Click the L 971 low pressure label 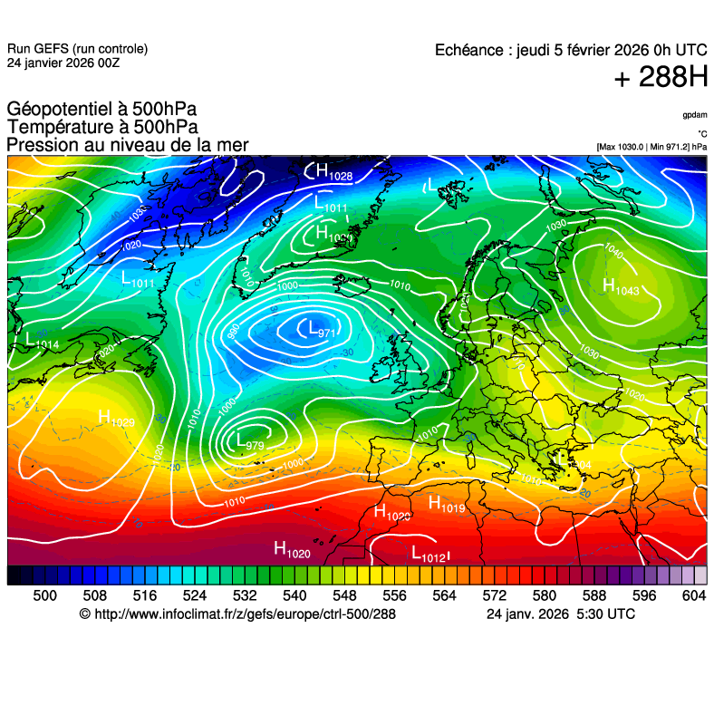pyautogui.click(x=318, y=330)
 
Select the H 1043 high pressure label pyautogui.click(x=621, y=288)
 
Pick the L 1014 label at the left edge pyautogui.click(x=42, y=342)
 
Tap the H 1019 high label pyautogui.click(x=446, y=505)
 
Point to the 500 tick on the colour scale pyautogui.click(x=44, y=594)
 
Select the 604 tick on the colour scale pyautogui.click(x=694, y=594)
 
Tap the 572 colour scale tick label pyautogui.click(x=494, y=594)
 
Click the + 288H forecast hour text pyautogui.click(x=661, y=79)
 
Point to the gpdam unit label pyautogui.click(x=695, y=116)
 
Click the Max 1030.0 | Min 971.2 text pyautogui.click(x=651, y=146)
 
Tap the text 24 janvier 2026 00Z pyautogui.click(x=63, y=63)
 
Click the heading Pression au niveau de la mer pyautogui.click(x=127, y=145)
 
